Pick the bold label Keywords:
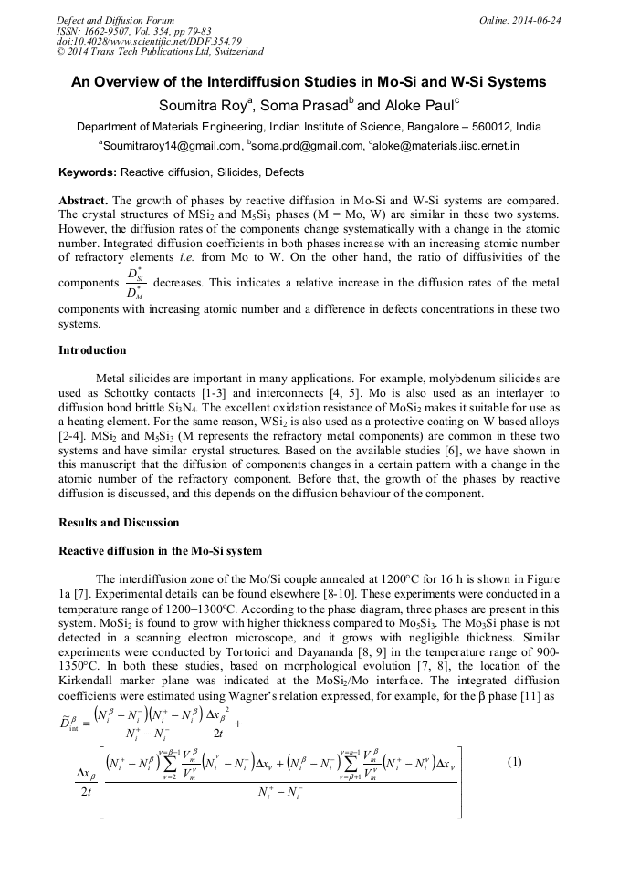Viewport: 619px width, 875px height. (88, 172)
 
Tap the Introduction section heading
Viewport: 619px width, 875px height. (92, 350)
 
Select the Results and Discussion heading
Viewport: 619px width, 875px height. (119, 523)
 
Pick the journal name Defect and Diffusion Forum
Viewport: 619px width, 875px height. (115, 20)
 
